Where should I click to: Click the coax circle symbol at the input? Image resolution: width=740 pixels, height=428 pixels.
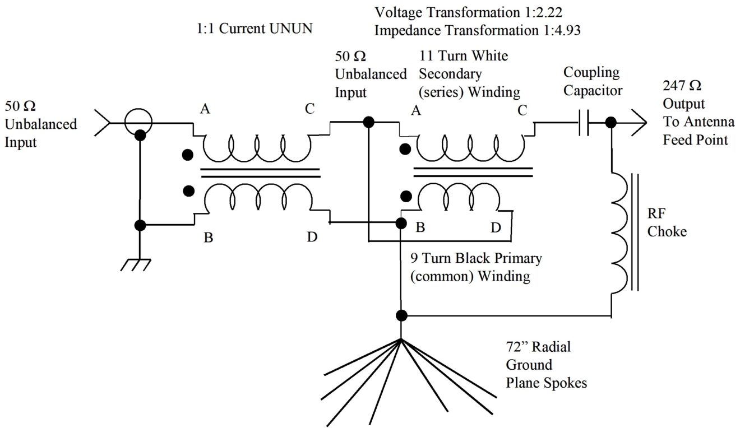[x=138, y=122]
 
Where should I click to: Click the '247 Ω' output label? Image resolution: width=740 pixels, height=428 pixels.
[x=682, y=87]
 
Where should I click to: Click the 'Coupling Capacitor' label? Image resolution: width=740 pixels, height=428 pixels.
[x=593, y=81]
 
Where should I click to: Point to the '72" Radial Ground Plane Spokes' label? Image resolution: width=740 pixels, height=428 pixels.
[x=546, y=365]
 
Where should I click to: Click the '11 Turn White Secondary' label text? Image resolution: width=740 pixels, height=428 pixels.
[x=464, y=57]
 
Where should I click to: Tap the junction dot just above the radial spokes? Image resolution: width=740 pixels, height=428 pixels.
[x=401, y=315]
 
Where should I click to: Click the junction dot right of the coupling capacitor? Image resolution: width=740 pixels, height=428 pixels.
[x=611, y=122]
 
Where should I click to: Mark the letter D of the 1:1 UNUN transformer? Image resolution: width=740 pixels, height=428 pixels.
[x=312, y=237]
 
